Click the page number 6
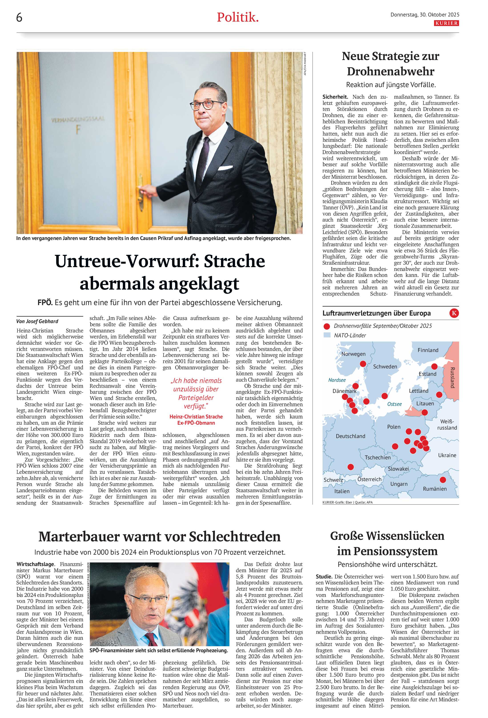[x=19, y=18]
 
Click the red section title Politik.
[x=237, y=17]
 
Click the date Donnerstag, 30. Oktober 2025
[x=425, y=14]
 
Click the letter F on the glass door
[x=78, y=130]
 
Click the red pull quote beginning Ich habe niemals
[x=196, y=393]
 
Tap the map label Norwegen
[x=353, y=354]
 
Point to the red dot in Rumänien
[x=443, y=480]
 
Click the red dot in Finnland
[x=434, y=366]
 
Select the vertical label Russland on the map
[x=452, y=378]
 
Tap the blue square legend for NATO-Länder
[x=326, y=335]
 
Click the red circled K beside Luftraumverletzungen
[x=454, y=313]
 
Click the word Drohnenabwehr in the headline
[x=390, y=71]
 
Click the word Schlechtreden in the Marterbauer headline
[x=235, y=537]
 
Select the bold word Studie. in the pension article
[x=324, y=576]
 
